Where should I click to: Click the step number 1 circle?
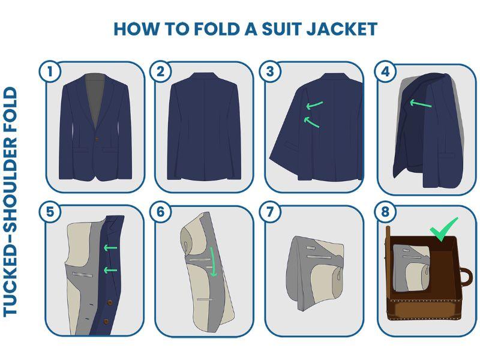coord(50,71)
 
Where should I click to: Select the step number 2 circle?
coord(160,71)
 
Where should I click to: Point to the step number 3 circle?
coord(269,71)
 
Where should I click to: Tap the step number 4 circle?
coord(385,71)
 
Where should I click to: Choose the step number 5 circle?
coord(50,212)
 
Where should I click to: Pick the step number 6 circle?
coord(160,212)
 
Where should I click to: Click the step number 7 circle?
coord(269,212)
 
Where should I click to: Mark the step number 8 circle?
coord(385,212)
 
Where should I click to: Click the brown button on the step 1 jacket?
coord(97,139)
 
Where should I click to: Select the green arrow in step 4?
coord(421,103)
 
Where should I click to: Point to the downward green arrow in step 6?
coord(213,262)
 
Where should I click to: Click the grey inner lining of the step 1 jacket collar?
coord(95,98)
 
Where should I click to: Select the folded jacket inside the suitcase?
coord(412,268)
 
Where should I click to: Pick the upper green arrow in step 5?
coord(110,247)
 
